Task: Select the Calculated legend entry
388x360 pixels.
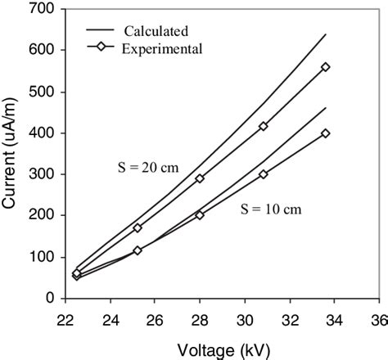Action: (x=155, y=31)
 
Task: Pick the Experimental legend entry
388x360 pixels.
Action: (x=162, y=48)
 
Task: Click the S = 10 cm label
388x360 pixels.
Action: (x=270, y=209)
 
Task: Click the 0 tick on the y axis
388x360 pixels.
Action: (x=38, y=299)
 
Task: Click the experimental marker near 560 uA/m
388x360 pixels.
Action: (x=326, y=67)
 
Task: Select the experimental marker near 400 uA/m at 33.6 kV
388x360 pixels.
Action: (x=326, y=133)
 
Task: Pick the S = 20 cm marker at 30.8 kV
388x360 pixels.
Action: (x=264, y=126)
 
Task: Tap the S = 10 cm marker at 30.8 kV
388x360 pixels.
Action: (x=264, y=174)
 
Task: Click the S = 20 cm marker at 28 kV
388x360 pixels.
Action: (x=200, y=178)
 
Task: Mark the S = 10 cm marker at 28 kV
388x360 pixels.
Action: (x=200, y=215)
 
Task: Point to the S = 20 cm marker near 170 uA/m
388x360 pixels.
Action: (x=138, y=227)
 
